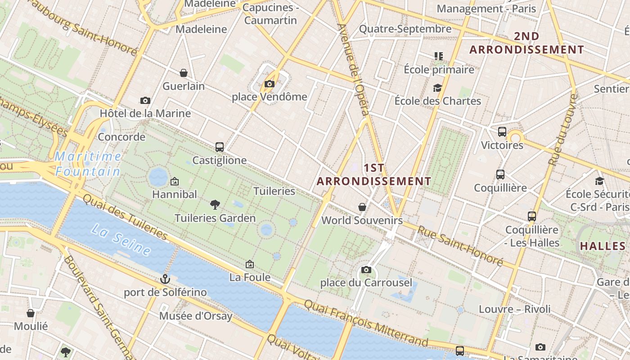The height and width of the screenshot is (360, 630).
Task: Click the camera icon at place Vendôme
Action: (270, 84)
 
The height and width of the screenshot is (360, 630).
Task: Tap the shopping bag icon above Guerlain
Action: (184, 73)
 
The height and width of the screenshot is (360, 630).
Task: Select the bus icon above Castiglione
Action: (220, 147)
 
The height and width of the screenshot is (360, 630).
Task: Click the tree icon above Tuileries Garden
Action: (215, 205)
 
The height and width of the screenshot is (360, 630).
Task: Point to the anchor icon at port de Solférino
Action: (165, 279)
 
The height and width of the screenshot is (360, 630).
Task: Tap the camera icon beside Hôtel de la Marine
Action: (145, 100)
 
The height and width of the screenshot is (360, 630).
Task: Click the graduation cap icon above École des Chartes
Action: (437, 88)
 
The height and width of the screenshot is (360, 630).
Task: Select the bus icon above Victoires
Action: (502, 132)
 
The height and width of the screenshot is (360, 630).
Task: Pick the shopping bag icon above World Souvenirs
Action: (362, 207)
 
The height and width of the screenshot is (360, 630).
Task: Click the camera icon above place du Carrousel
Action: (366, 270)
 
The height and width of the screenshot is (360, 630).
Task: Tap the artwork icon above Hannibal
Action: (175, 181)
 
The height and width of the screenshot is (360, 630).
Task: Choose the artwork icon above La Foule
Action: (250, 264)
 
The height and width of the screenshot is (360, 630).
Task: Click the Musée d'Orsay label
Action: (196, 316)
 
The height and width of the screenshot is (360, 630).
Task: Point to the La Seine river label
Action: (121, 239)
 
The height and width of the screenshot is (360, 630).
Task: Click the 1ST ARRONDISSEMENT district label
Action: (374, 175)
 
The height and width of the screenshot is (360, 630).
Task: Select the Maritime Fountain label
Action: (88, 164)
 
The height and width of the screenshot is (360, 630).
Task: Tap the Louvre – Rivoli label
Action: (514, 309)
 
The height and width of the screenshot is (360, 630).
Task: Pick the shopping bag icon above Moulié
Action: (31, 313)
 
